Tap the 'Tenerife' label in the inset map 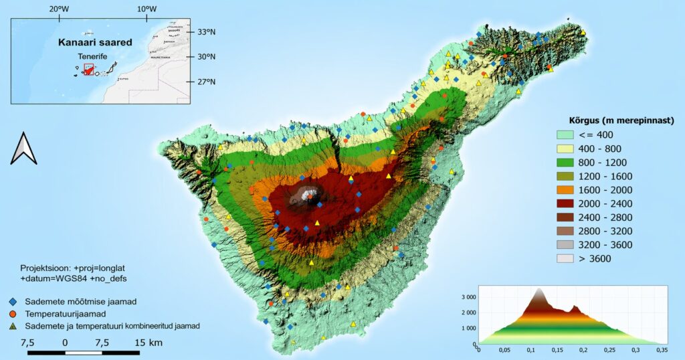(x=92, y=57)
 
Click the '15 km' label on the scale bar (x=148, y=343)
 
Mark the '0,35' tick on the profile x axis (x=662, y=350)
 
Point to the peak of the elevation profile (x=539, y=289)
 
